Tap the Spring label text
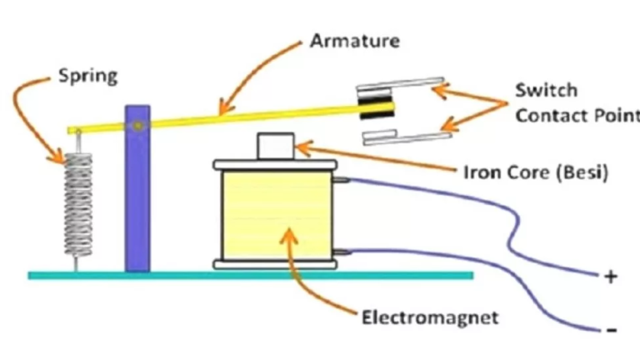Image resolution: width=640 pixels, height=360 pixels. [x=87, y=77]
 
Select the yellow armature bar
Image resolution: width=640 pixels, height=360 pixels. [x=250, y=115]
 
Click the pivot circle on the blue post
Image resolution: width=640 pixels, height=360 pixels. [x=137, y=126]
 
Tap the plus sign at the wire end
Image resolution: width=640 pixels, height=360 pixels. [x=612, y=277]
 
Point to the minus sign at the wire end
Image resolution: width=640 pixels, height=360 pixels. [x=612, y=331]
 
